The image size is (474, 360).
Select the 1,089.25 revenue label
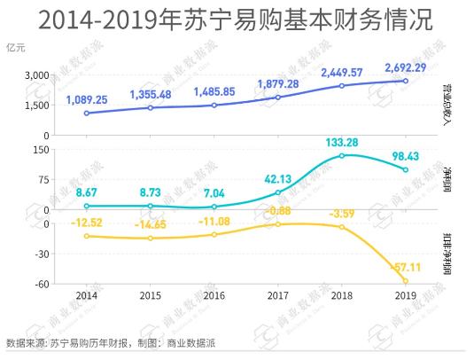pos(87,99)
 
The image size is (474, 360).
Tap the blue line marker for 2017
pos(277,97)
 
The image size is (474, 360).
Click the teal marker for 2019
pos(405,169)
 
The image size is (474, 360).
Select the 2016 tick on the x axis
pos(214,294)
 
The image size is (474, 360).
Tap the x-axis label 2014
pos(87,294)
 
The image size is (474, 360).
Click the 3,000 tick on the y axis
pos(35,75)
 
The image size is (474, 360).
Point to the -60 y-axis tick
pos(39,284)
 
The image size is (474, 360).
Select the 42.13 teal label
pos(278,177)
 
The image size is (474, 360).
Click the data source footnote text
pos(111,342)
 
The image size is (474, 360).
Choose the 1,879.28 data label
pos(277,83)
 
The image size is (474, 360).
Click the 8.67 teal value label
pos(87,192)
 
